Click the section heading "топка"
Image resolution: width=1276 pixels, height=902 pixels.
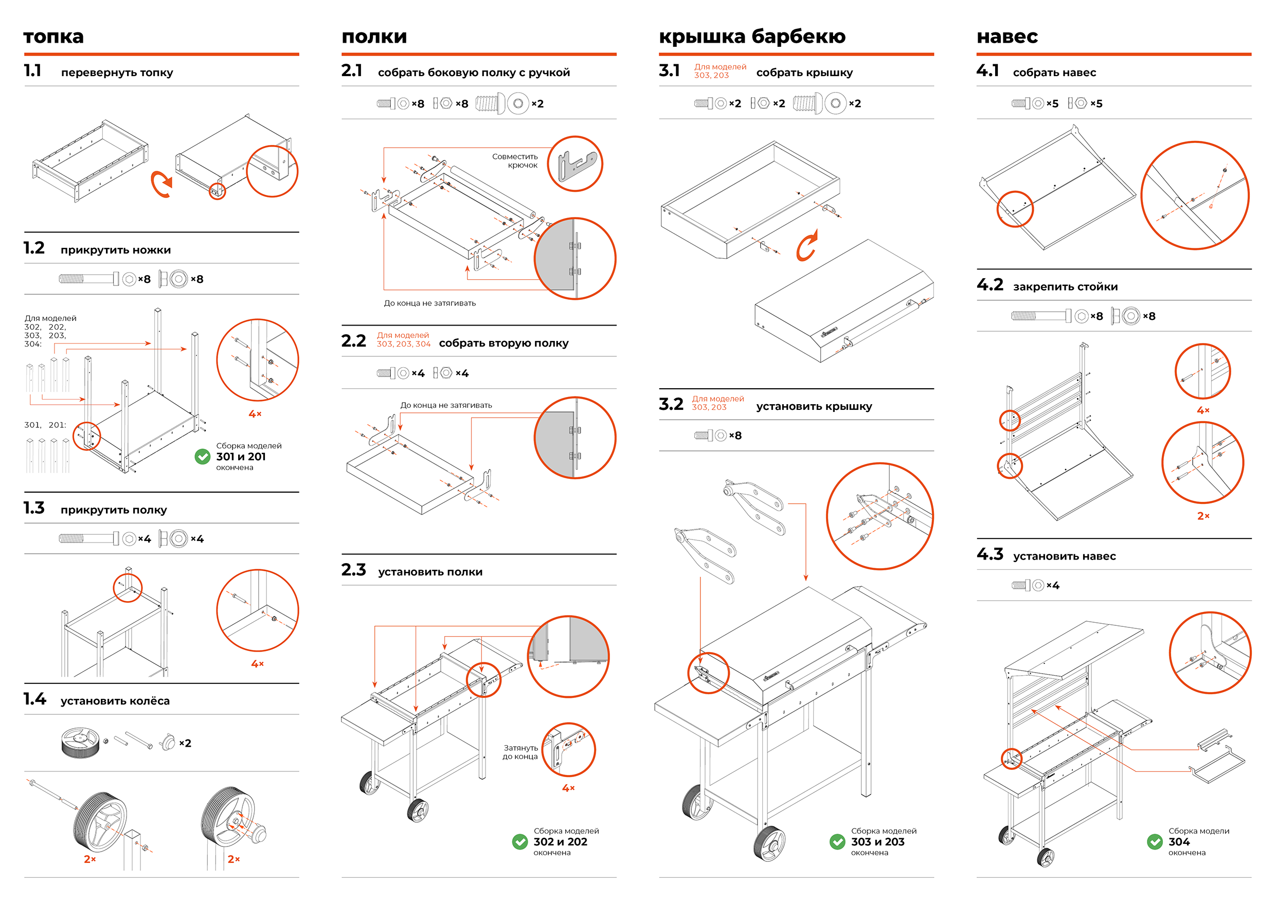[53, 37]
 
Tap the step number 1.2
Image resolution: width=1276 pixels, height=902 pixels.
[34, 248]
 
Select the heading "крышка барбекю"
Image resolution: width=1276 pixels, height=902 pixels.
[752, 37]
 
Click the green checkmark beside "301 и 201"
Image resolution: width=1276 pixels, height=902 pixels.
[202, 457]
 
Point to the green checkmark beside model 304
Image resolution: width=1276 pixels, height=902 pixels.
[1155, 842]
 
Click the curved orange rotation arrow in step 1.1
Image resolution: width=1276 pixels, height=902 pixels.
[161, 185]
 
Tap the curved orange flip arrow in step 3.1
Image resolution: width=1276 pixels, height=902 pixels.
[807, 246]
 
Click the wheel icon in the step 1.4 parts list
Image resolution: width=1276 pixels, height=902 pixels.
[80, 742]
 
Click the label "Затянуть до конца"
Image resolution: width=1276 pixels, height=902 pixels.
[520, 752]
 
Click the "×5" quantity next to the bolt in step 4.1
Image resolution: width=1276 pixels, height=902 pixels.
[1052, 104]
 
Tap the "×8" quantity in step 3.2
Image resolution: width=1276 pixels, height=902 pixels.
[735, 436]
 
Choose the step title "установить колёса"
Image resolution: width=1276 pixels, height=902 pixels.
[115, 701]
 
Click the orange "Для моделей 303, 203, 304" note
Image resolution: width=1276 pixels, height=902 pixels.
[403, 339]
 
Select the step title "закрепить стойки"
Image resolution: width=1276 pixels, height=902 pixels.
[1065, 287]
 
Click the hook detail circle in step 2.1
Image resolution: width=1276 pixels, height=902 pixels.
[574, 164]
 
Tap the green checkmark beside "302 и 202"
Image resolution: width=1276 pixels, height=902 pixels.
[520, 842]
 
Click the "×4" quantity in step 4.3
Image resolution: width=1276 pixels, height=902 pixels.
[1053, 586]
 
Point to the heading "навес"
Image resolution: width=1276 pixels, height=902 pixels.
[1007, 37]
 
